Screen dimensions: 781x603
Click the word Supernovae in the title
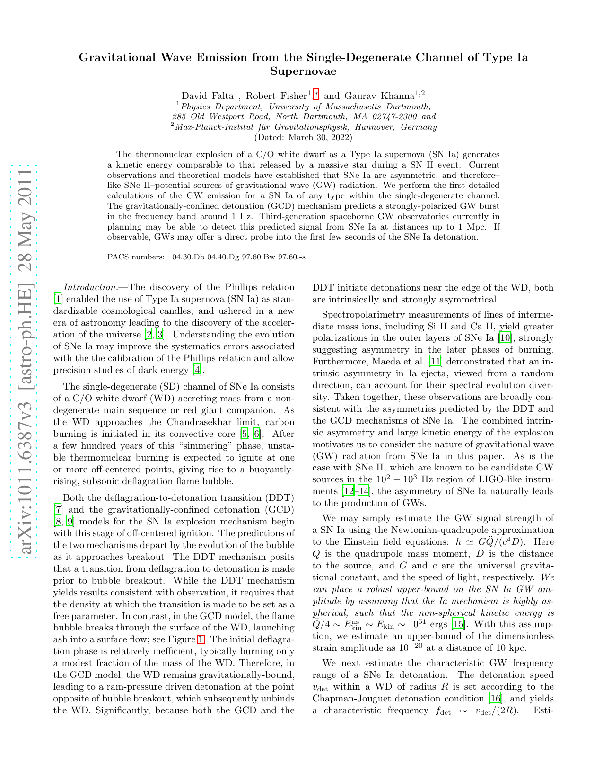pos(303,71)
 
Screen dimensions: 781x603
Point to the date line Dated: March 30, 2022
pos(303,138)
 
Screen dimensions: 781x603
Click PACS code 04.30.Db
pos(187,257)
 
